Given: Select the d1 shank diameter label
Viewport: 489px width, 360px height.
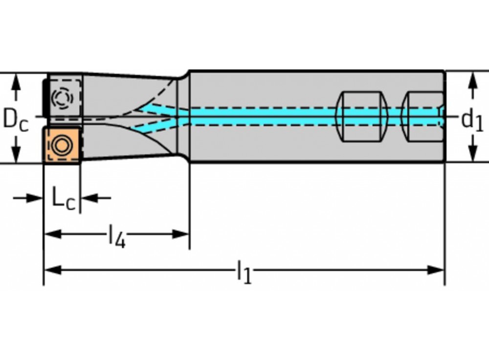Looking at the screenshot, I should [472, 119].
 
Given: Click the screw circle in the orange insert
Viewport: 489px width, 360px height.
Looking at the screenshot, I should [62, 145].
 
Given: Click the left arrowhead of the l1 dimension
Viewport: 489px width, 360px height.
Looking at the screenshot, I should [51, 270].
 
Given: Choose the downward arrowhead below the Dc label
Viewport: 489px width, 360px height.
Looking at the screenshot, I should [16, 154].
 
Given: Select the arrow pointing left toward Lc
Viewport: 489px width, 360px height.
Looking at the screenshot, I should [88, 198].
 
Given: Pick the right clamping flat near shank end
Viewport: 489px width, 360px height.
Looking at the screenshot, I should [422, 116].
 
